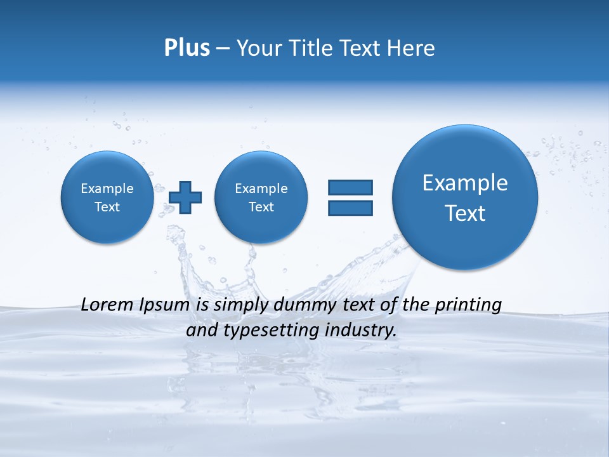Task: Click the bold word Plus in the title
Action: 187,48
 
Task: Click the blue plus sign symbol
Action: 185,197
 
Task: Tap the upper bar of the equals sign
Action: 350,187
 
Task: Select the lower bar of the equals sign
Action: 350,208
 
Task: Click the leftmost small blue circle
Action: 107,197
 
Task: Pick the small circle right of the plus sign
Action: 261,197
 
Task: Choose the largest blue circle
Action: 465,197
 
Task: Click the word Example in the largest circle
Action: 465,183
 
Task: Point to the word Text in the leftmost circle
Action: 107,207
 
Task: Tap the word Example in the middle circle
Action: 261,189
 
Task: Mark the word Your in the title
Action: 258,48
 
